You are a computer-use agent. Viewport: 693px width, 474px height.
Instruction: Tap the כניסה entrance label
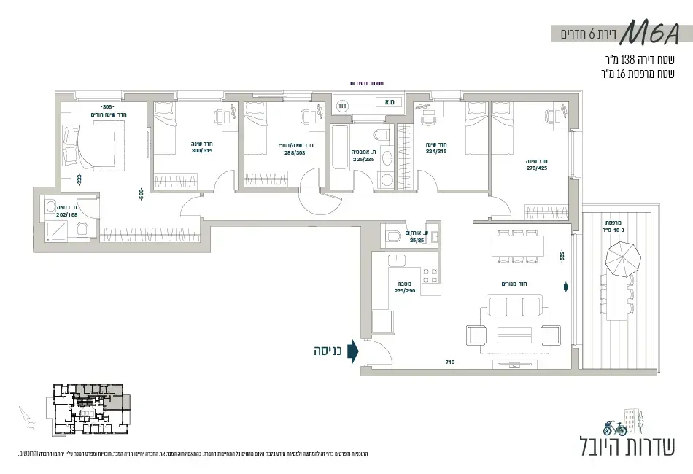[x=328, y=351]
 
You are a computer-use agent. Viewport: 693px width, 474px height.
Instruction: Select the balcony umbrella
[x=623, y=257]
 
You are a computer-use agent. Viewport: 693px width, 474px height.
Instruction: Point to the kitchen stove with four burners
[x=430, y=275]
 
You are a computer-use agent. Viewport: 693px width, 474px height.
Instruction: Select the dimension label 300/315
[x=201, y=151]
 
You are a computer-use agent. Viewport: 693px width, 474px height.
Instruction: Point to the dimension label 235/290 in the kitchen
[x=404, y=290]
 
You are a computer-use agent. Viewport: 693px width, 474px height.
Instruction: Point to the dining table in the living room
[x=518, y=246]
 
